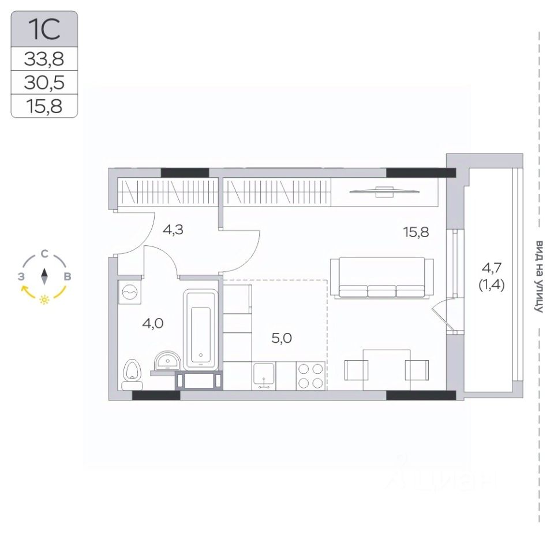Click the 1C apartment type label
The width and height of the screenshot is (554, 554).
coord(44,29)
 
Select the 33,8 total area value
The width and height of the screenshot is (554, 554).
coord(44,59)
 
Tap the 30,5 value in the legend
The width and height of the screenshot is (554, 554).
coord(44,83)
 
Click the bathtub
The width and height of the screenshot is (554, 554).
coord(200,330)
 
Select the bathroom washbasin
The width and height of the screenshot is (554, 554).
coord(167,361)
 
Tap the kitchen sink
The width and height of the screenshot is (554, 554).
coord(264,376)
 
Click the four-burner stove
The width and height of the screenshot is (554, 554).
coord(310,376)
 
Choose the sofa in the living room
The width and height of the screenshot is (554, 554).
coord(382,278)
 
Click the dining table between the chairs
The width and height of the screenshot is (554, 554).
coord(387,370)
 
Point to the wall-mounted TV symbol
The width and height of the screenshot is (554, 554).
coord(384,192)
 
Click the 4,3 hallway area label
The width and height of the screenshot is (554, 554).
coord(173,230)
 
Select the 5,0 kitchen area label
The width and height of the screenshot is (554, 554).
coord(282,338)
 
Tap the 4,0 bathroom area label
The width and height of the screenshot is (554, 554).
coord(152,323)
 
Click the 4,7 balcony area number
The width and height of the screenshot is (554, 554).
coord(492,268)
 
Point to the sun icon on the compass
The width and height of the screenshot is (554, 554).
coord(44,300)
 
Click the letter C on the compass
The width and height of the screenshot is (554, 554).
coord(44,254)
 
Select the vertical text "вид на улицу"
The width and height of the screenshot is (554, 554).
coord(538,276)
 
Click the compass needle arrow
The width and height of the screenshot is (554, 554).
coord(44,276)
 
